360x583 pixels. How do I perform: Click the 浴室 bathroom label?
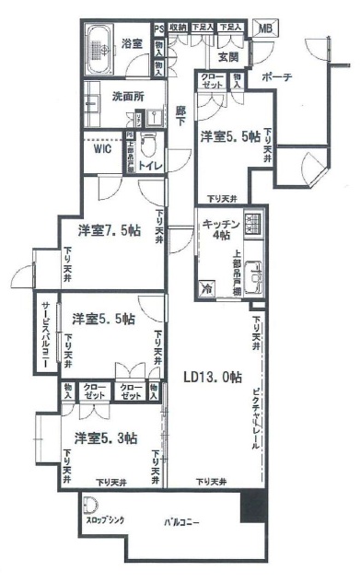point(132,42)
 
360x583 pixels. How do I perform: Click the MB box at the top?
point(264,28)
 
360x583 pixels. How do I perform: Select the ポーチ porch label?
point(276,77)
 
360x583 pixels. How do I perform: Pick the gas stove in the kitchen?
point(254,223)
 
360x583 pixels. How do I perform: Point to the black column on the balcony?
point(251,507)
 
